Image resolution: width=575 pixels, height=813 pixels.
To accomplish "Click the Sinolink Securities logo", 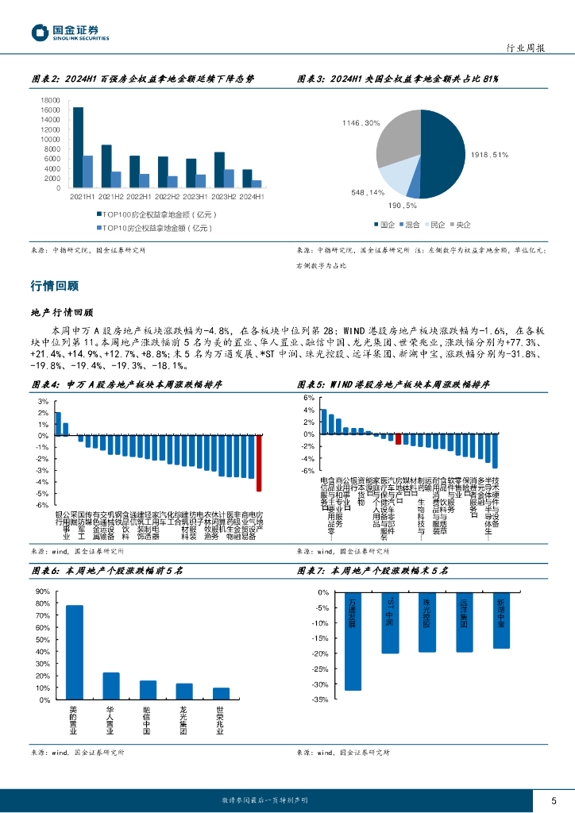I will point(70,33).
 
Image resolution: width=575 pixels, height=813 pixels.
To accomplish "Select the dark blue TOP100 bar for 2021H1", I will point(78,148).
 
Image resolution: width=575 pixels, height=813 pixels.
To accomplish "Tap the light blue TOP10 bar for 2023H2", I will point(230,179).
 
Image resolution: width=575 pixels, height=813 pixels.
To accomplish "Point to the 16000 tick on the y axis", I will point(49,110).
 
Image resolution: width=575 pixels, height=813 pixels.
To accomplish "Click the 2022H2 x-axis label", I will point(168,196).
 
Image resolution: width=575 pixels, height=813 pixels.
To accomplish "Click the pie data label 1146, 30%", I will point(361,123).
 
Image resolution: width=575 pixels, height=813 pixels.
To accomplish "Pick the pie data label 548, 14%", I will point(368,192).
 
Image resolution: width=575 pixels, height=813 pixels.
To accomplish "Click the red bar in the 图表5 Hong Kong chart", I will point(399,439).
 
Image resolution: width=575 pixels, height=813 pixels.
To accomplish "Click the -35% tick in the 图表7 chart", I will point(321,699).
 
